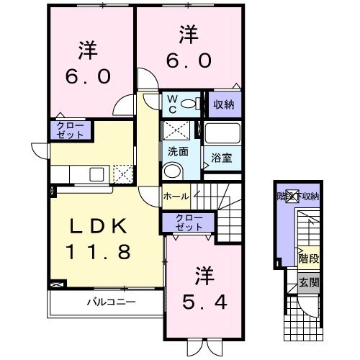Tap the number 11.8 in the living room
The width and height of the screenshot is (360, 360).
(x=99, y=253)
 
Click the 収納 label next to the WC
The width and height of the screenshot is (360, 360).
(x=224, y=104)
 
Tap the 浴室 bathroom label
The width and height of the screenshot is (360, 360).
(x=222, y=156)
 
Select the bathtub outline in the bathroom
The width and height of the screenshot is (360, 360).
(x=224, y=133)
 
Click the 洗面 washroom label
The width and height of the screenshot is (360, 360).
(x=178, y=152)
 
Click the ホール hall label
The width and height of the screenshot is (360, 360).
(x=176, y=196)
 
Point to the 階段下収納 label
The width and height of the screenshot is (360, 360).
(x=298, y=196)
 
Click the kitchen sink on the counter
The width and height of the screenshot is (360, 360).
(x=96, y=174)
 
